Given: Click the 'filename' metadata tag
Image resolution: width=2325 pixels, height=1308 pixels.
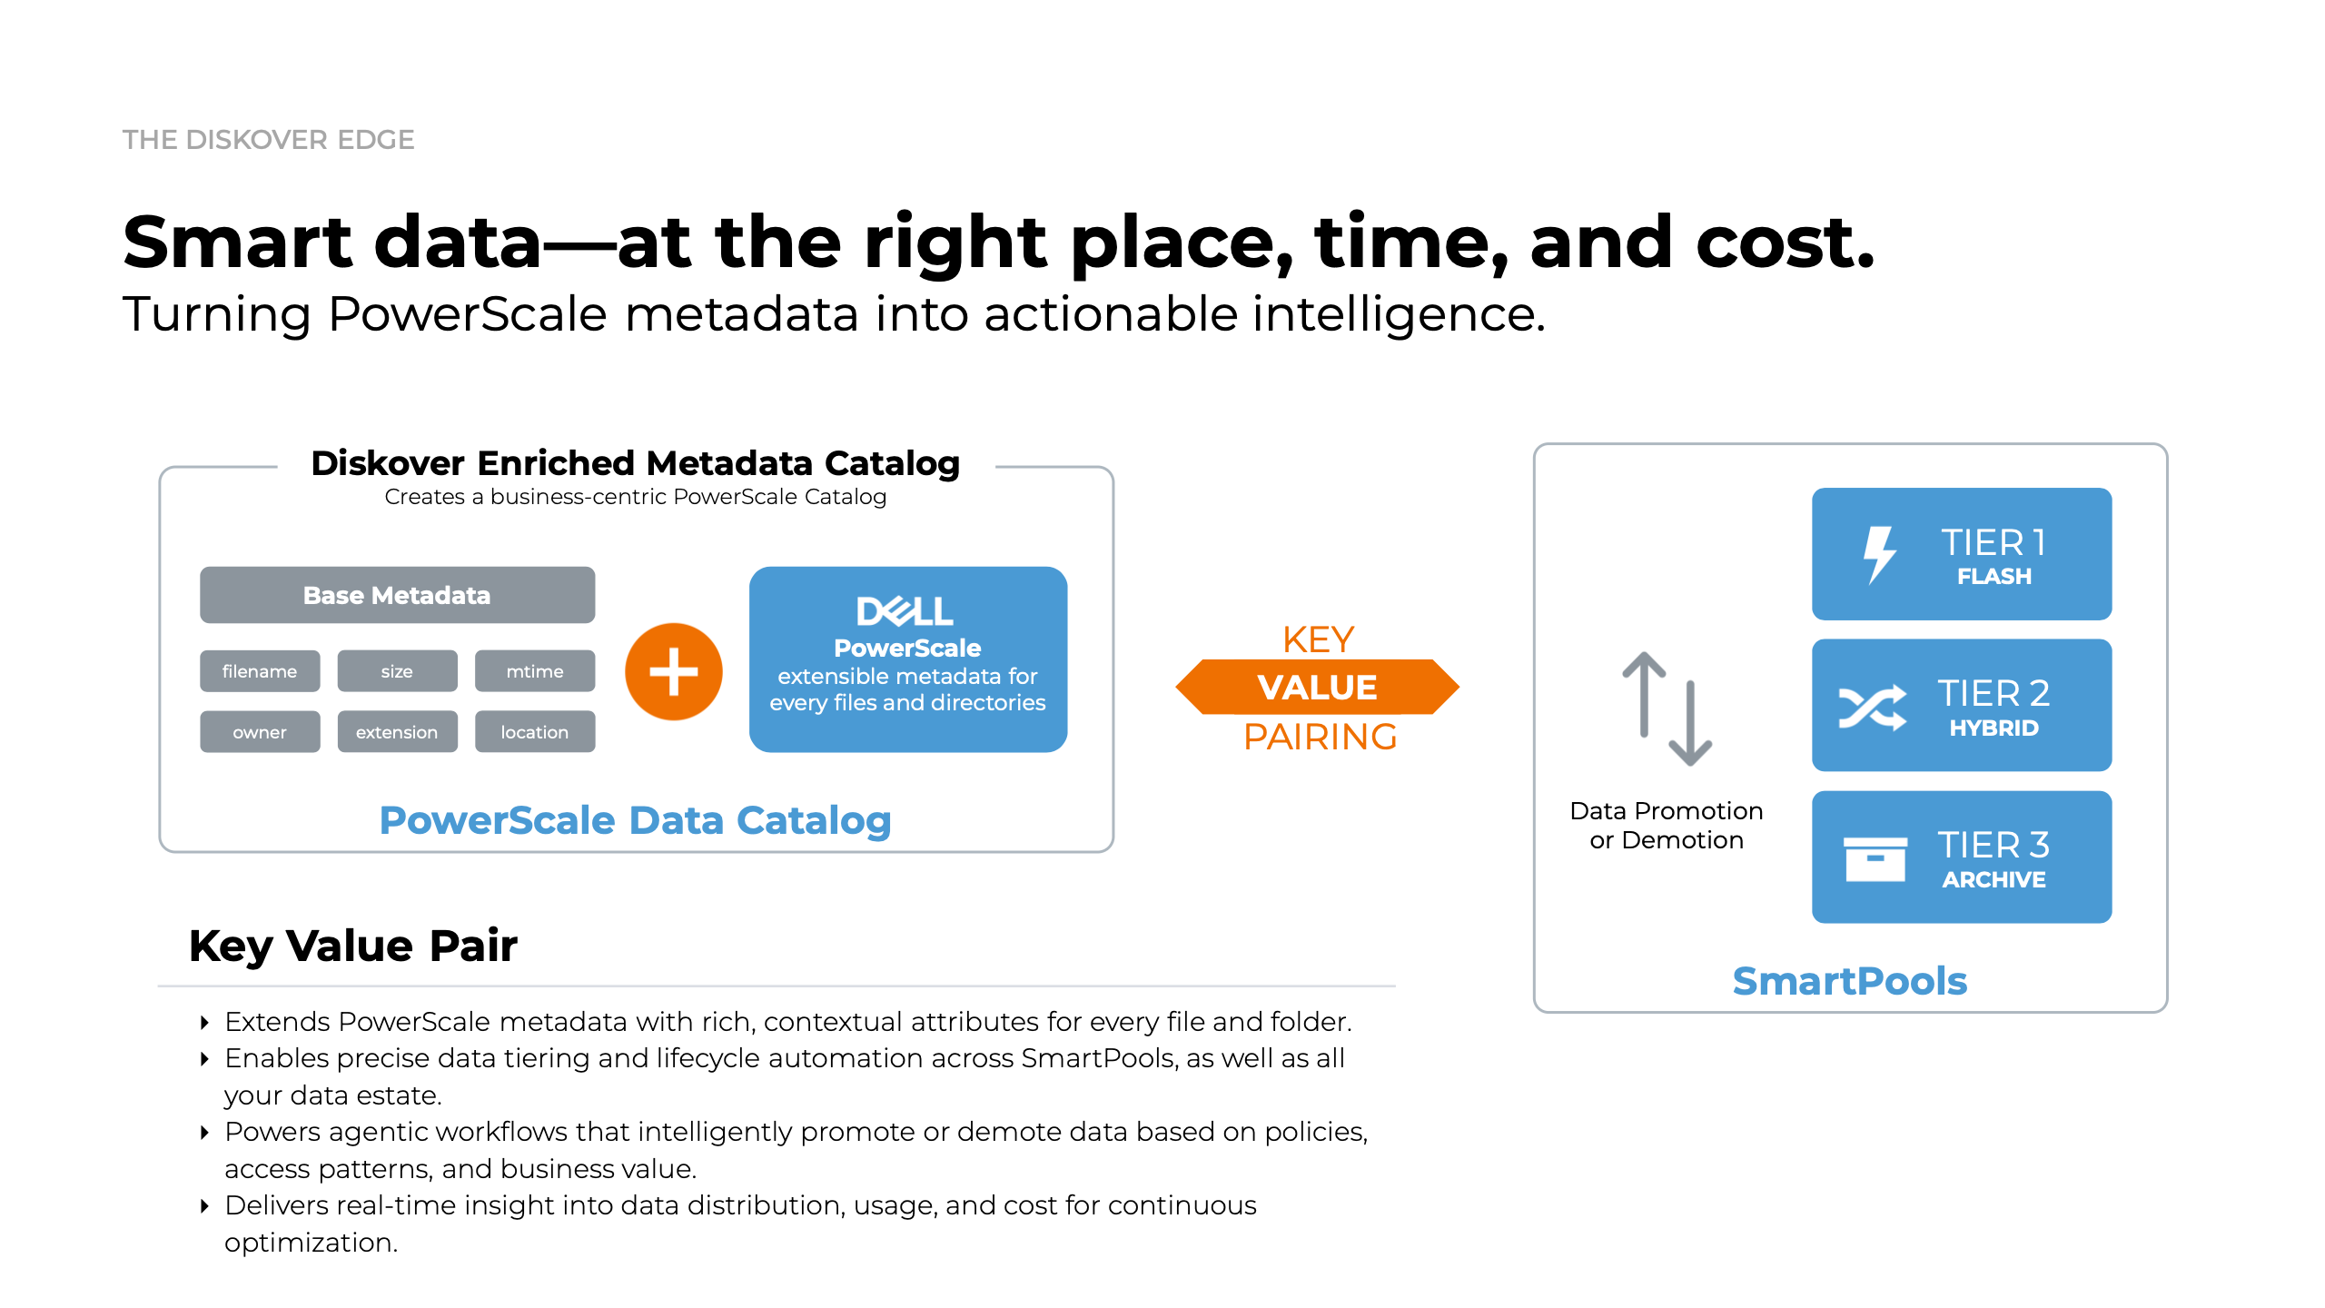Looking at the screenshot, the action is pos(260,671).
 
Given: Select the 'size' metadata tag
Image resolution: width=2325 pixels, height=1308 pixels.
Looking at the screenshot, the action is pos(397,671).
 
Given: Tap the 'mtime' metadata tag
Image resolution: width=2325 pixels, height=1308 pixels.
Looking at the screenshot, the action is pos(535,671).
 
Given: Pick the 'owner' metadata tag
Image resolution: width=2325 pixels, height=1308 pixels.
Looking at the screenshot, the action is pos(260,732).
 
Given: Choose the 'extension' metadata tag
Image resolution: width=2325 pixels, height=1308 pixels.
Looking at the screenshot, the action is pos(397,732).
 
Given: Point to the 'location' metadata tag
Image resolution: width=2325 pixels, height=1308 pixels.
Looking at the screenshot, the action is pos(535,732).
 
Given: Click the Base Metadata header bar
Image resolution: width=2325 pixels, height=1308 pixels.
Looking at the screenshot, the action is pos(397,595).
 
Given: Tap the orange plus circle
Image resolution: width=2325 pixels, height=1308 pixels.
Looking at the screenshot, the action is pos(674,672).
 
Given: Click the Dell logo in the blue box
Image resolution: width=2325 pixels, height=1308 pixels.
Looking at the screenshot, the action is pos(905,611).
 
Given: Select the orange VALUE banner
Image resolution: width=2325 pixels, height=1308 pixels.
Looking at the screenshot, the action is pos(1318,687).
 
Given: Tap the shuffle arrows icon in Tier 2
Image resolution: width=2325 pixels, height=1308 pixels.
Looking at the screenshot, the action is pos(1873,708).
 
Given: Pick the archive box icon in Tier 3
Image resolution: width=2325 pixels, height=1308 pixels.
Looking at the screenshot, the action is pos(1875,859).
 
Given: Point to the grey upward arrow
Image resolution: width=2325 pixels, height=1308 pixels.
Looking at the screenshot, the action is pos(1644,694).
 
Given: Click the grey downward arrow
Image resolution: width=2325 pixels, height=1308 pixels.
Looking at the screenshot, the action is pos(1690,724).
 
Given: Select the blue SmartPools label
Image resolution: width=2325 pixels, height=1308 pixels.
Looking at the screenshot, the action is pos(1850,981).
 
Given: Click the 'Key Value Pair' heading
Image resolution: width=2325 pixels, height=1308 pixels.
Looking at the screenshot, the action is pos(353,946).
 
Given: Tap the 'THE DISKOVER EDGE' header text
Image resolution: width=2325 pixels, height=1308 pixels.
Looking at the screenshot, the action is pos(269,140).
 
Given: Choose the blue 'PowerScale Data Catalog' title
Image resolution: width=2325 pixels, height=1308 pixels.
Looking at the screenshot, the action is pos(636,820).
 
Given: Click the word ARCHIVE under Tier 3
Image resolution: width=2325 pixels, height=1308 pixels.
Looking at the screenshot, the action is pos(1994,879).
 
